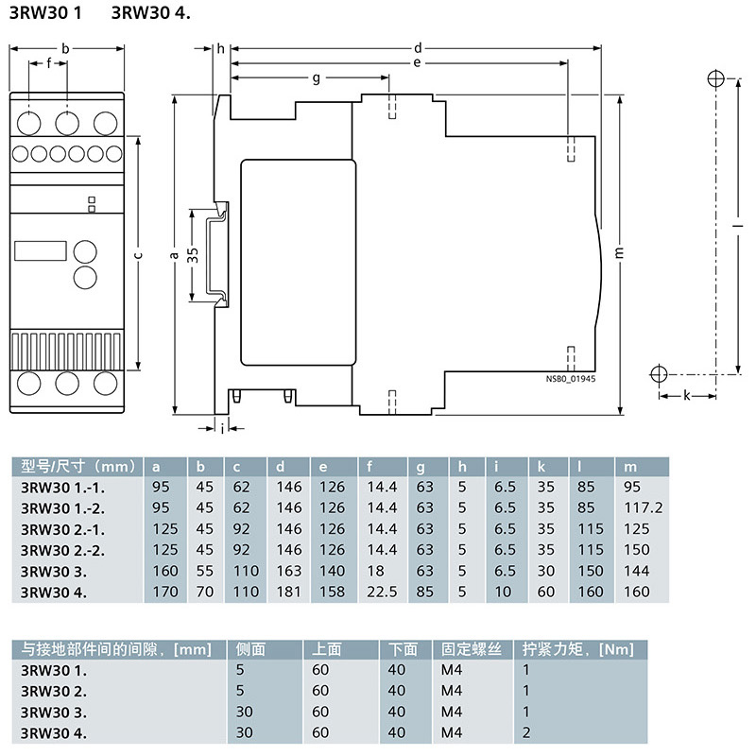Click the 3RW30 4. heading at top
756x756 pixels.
tap(150, 13)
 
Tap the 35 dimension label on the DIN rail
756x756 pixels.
tap(192, 255)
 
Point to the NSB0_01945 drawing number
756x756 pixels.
tap(572, 376)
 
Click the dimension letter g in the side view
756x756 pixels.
tap(316, 77)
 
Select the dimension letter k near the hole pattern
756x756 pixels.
tap(686, 395)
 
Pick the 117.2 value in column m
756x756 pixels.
tap(644, 507)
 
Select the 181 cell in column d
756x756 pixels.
tap(288, 593)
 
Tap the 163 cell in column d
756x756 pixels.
tap(288, 571)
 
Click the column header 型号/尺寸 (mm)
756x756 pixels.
tap(74, 466)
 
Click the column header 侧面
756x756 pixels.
tap(250, 649)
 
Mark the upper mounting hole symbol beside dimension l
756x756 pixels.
tap(715, 78)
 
